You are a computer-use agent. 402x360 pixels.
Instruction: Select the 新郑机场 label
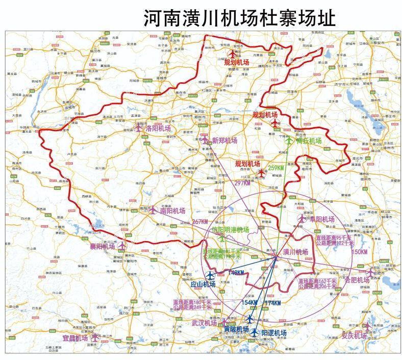[224, 140]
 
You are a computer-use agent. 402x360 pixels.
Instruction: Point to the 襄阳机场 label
[103, 247]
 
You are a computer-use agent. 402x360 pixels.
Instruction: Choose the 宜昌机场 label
[76, 338]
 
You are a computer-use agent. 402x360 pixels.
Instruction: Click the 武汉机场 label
[204, 323]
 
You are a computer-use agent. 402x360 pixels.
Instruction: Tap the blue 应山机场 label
[199, 284]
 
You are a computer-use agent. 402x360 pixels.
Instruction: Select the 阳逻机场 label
[274, 333]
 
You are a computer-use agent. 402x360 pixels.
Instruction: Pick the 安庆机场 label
[354, 335]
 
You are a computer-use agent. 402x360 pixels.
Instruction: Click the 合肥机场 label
[357, 280]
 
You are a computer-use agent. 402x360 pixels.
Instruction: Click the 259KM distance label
[275, 168]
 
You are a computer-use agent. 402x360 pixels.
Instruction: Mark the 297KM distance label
[242, 183]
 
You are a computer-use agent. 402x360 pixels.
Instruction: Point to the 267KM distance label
[200, 222]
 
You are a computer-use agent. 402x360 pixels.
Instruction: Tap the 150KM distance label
[360, 252]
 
